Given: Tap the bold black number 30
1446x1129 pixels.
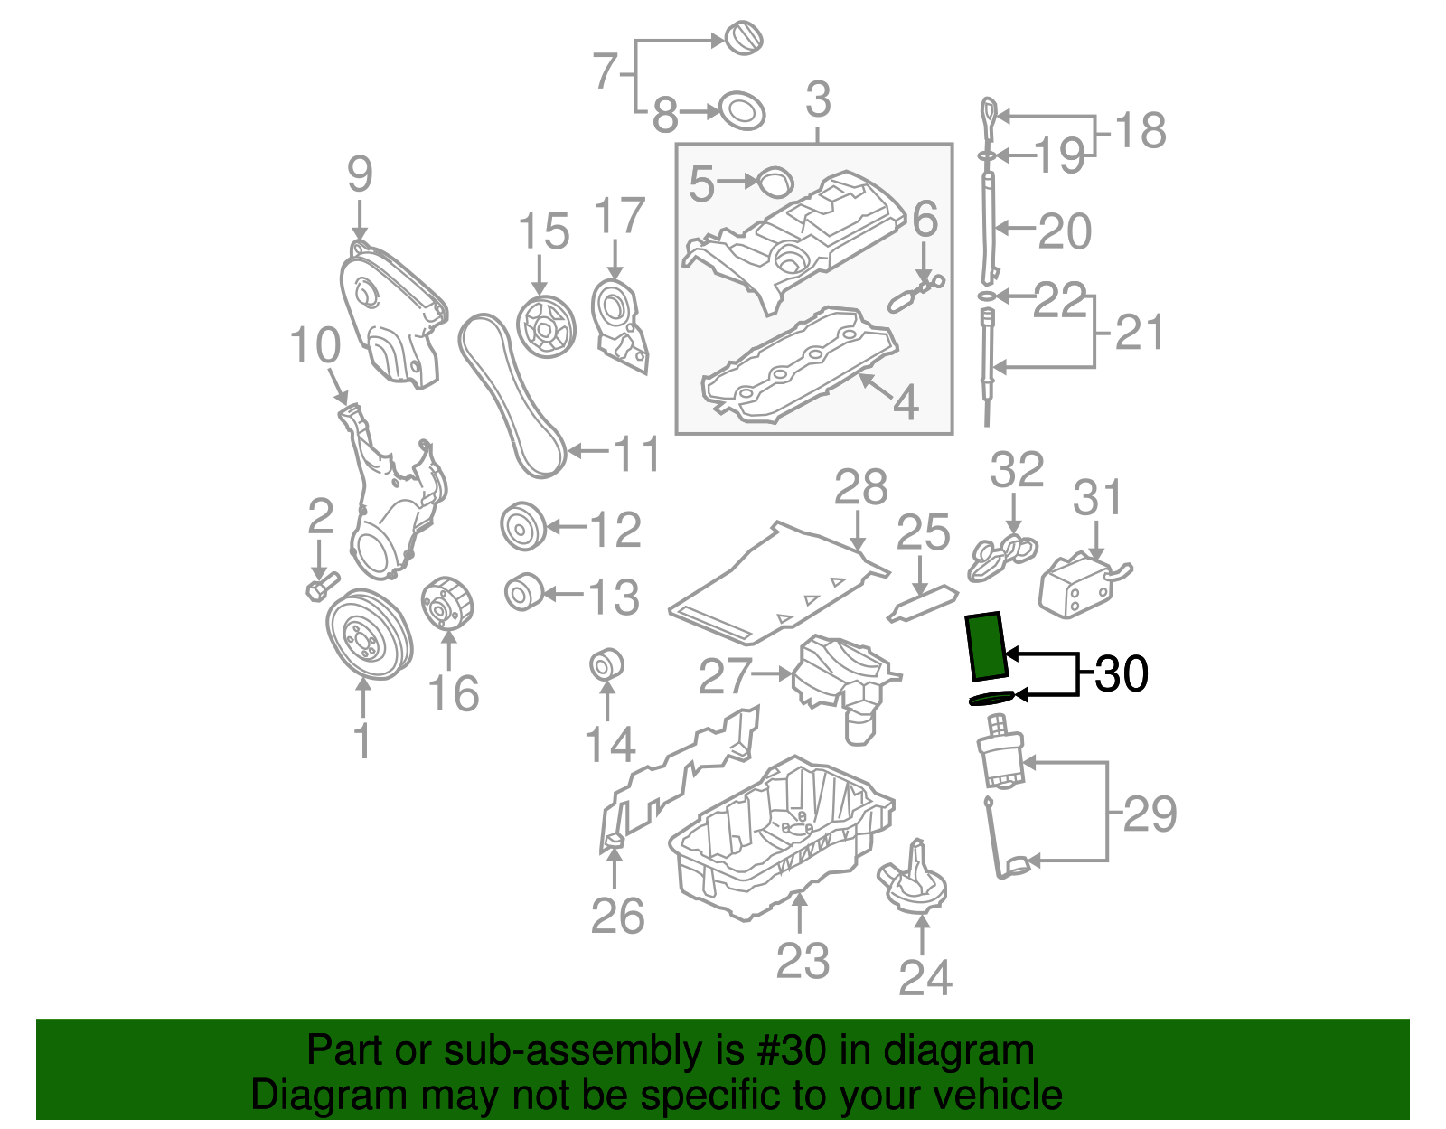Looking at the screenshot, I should coord(1121,674).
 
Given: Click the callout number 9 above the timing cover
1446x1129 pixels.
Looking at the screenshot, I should coord(360,174).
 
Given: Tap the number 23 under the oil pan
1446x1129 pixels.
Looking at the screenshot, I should coord(802,961).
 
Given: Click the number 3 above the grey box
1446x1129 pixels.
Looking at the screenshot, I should coord(817,99).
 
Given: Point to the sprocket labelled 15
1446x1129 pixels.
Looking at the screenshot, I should coord(546,326).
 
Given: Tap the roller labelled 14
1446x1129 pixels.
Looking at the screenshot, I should coord(606,665).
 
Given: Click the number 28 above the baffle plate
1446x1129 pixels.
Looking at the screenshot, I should coord(860,489).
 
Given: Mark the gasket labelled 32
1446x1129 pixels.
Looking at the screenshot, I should coord(1001,556).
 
